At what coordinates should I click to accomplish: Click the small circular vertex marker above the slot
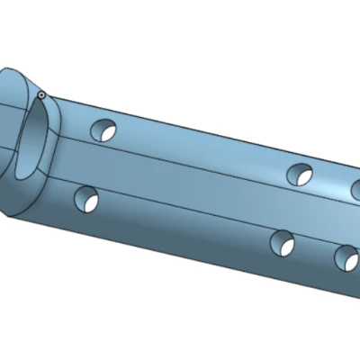[x=41, y=94]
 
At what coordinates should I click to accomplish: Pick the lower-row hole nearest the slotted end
[x=87, y=199]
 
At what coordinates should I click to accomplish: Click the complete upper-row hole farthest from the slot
[x=300, y=174]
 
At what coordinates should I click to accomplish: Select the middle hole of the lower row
[x=283, y=242]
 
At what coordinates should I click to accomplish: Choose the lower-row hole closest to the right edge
[x=346, y=258]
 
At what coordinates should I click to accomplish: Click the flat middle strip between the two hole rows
[x=198, y=189]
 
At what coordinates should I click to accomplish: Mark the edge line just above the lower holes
[x=198, y=214]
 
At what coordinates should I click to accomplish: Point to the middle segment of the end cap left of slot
[x=9, y=135]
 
